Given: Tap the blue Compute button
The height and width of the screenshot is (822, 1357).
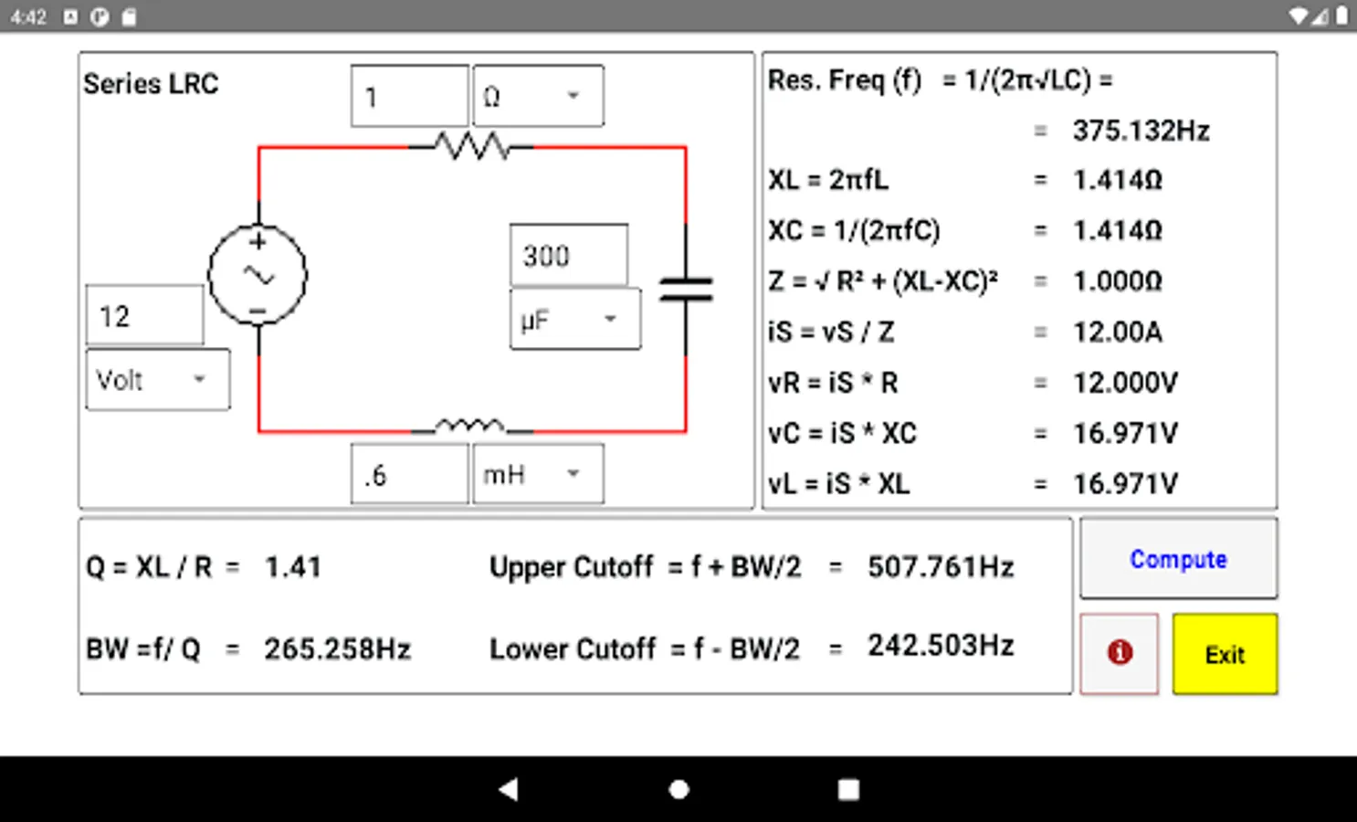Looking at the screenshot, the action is click(1178, 558).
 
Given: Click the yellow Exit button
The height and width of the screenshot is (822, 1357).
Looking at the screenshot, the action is click(1225, 654).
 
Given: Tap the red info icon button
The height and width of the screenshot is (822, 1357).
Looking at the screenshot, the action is click(1119, 654).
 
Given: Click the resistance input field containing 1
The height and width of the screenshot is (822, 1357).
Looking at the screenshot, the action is click(409, 96).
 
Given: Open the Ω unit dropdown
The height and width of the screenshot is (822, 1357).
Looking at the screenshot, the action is click(538, 96).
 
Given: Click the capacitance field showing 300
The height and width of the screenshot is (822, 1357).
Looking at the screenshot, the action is click(569, 255).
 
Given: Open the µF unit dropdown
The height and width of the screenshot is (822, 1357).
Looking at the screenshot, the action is click(575, 320).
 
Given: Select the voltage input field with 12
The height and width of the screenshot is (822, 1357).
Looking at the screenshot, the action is click(145, 316).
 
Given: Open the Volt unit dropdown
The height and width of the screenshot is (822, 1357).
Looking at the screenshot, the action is click(158, 380).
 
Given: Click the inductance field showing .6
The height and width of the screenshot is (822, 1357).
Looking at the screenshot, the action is click(409, 474).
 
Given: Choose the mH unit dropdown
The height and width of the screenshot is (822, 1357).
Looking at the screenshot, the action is click(538, 474).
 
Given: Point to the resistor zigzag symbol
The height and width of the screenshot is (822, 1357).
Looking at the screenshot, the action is click(472, 146).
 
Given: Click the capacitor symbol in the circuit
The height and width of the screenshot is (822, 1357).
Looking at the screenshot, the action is click(686, 290).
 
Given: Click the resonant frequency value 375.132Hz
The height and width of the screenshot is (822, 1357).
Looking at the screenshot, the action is click(1141, 131).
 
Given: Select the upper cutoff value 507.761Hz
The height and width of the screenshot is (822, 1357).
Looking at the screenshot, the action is click(941, 567).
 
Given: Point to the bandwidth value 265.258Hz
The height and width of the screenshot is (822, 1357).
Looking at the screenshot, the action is click(338, 649).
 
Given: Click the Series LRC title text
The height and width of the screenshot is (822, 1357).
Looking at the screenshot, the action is click(151, 84).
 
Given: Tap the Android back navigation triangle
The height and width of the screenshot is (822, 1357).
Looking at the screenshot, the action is click(509, 789).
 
